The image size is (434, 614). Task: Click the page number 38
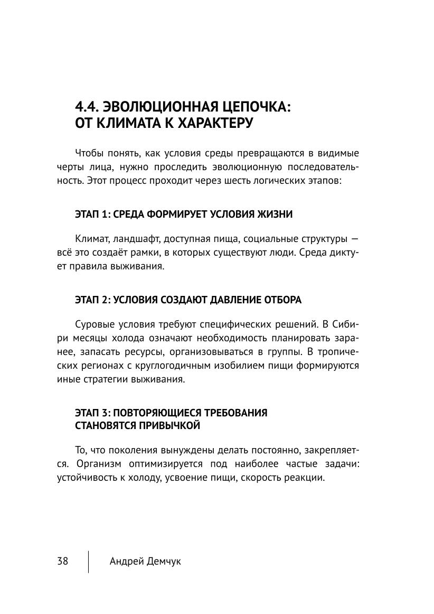pyautogui.click(x=62, y=561)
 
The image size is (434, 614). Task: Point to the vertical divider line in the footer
pyautogui.click(x=88, y=562)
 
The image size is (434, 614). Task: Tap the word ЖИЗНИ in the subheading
pyautogui.click(x=275, y=215)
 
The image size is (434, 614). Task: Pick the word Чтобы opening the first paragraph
pyautogui.click(x=90, y=153)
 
